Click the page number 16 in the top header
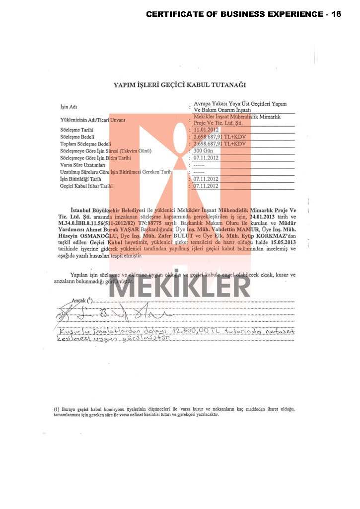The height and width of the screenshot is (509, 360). coord(336,14)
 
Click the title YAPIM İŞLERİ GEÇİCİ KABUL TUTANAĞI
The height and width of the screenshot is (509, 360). coord(180,85)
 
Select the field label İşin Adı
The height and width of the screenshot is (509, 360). coord(69,107)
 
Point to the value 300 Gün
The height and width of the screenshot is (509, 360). coord(204,150)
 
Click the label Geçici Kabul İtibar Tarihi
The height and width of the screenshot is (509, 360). coord(86,186)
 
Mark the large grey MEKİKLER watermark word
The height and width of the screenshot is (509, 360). coord(180,287)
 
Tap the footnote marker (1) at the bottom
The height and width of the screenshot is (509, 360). coord(57,409)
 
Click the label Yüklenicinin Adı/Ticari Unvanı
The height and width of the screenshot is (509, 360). coord(92,120)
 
